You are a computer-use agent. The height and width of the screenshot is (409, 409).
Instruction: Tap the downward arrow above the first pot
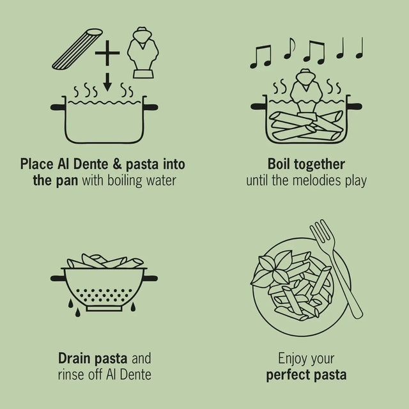108,84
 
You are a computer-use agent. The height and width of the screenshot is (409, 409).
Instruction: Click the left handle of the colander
58,278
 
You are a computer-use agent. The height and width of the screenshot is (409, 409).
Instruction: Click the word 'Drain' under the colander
77,358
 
